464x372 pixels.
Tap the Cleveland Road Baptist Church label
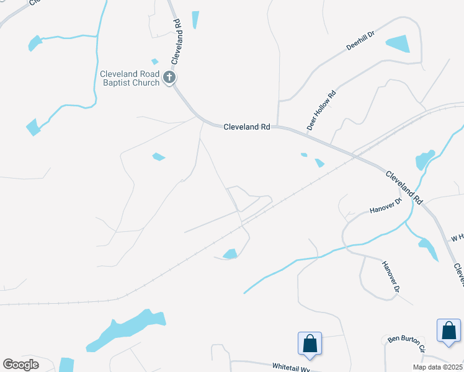(130, 78)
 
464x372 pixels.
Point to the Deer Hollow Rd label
(321, 110)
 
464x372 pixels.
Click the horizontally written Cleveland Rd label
(247, 126)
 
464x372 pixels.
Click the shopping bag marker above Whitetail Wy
(310, 343)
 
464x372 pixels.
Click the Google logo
(20, 364)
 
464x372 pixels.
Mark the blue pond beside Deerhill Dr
(398, 44)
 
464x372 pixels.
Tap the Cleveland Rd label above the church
(176, 42)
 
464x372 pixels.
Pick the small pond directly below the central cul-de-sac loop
(230, 254)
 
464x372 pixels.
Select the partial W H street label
(457, 237)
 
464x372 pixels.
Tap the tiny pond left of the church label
(154, 61)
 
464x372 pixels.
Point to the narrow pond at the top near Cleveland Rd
(195, 20)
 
